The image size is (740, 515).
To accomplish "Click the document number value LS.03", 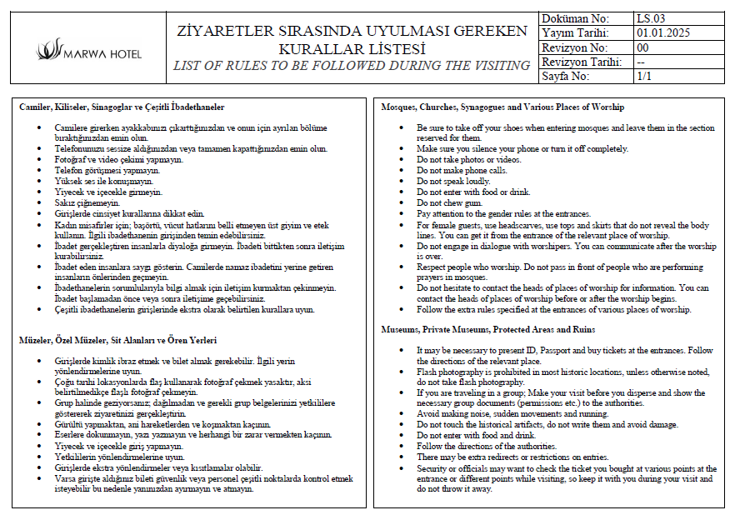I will coord(650,18).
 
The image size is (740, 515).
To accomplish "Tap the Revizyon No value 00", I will coord(642,47).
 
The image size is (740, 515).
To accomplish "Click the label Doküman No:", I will coord(575,18).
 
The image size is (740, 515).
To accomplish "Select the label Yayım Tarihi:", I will coord(575,32).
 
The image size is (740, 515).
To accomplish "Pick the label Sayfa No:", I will coord(566,76).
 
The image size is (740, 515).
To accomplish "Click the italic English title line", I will coord(351,66).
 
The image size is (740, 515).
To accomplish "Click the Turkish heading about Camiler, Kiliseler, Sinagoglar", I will coord(122,107).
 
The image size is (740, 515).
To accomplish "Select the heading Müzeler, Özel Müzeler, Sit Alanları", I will coord(117,340).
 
